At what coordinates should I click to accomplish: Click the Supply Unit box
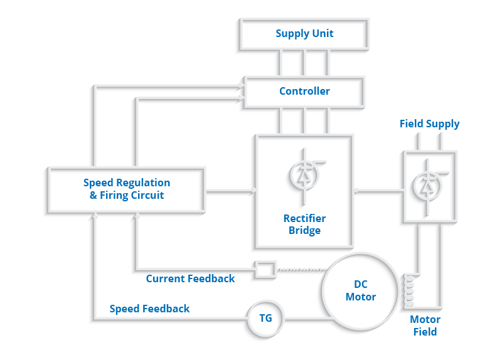click(304, 34)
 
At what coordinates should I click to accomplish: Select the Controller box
click(304, 92)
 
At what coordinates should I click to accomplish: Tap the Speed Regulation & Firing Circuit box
click(126, 189)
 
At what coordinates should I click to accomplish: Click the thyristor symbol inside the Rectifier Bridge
click(304, 176)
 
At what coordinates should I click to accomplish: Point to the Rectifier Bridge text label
click(304, 225)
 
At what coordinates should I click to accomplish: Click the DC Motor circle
click(361, 291)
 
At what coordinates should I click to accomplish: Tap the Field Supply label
click(429, 124)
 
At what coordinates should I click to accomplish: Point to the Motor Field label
click(425, 326)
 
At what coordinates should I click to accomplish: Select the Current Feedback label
click(190, 278)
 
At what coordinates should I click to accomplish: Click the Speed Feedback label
click(149, 309)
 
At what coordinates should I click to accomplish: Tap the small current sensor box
click(264, 270)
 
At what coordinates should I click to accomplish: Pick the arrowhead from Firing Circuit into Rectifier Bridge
click(252, 189)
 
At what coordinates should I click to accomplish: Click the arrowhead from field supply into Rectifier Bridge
click(356, 189)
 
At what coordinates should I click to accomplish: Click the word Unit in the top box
click(322, 34)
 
